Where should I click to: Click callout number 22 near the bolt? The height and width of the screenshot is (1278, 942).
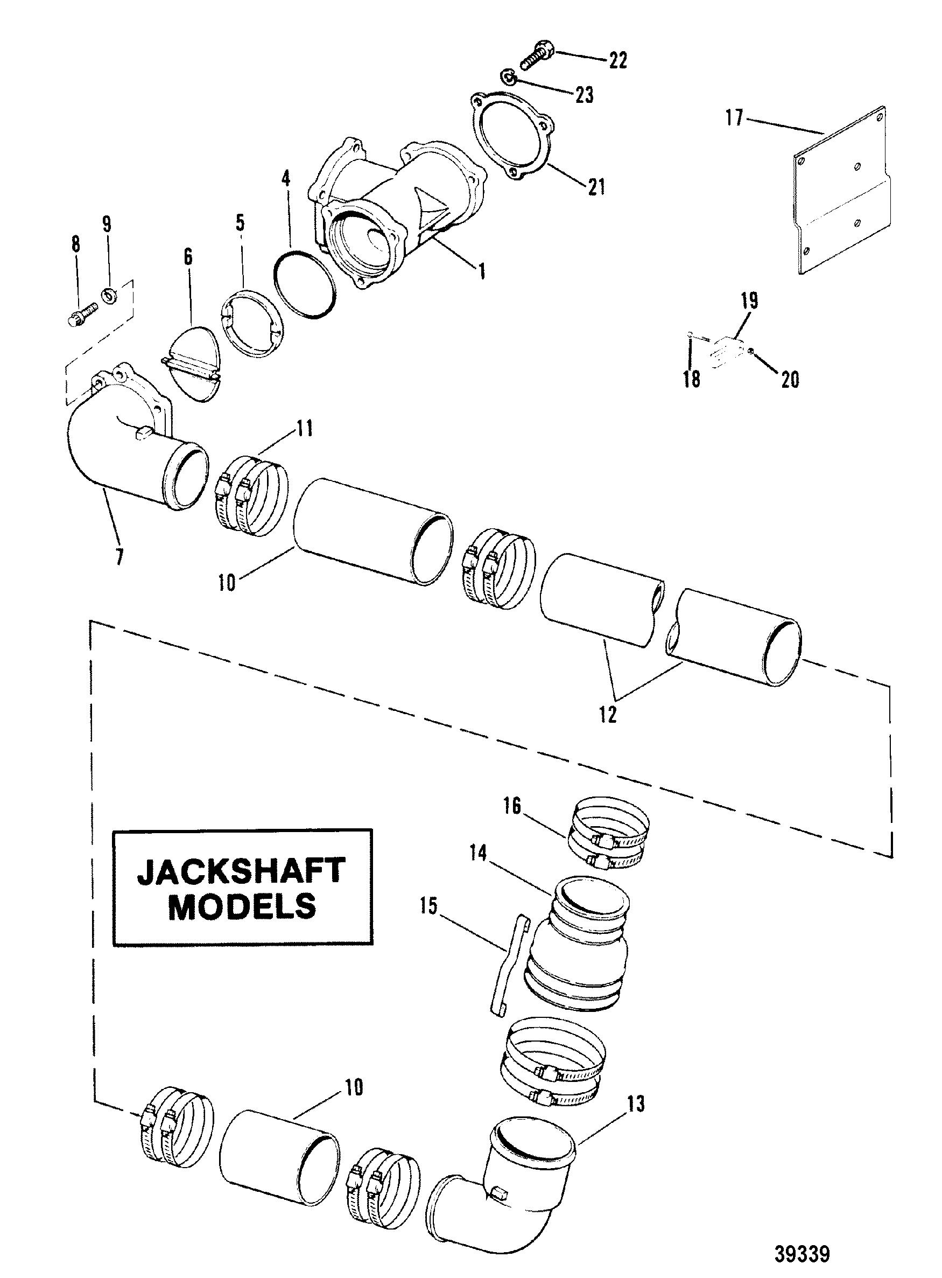point(617,59)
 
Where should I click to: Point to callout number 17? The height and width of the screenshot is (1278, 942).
point(734,118)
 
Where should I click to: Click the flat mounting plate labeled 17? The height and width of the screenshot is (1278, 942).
point(841,190)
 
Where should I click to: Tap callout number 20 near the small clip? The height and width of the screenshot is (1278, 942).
point(790,379)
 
